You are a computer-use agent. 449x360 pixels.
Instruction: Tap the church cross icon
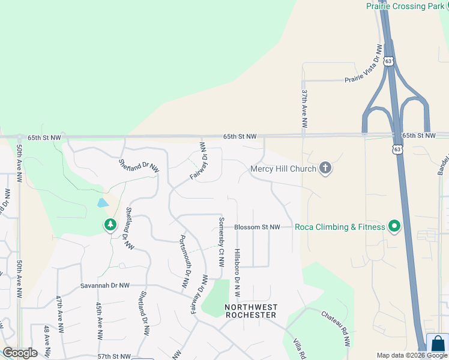[325, 168]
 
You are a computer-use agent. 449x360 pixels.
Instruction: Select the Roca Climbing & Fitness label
[339, 227]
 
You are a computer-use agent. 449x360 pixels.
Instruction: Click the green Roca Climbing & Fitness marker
[394, 227]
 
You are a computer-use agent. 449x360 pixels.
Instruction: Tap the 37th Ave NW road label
[304, 109]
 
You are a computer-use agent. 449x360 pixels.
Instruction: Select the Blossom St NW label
[257, 227]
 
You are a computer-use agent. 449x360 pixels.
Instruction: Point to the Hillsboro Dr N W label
[237, 273]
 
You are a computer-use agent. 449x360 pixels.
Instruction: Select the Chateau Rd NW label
[336, 329]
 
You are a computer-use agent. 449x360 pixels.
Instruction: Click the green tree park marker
[110, 225]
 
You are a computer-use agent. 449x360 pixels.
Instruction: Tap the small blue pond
[103, 202]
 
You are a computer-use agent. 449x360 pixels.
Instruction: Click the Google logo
[20, 353]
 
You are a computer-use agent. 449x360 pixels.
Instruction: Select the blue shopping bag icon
[439, 345]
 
